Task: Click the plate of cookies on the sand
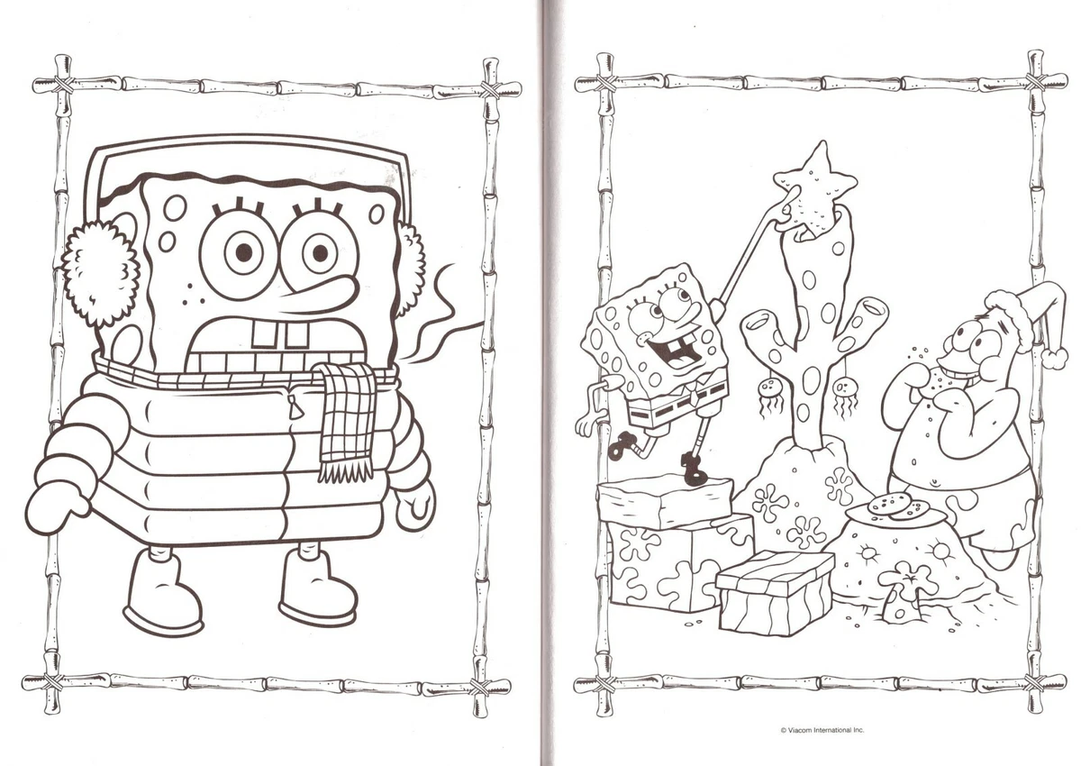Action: coord(895,511)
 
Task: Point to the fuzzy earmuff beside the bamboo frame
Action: coord(99,271)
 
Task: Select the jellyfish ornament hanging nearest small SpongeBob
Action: coord(771,393)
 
